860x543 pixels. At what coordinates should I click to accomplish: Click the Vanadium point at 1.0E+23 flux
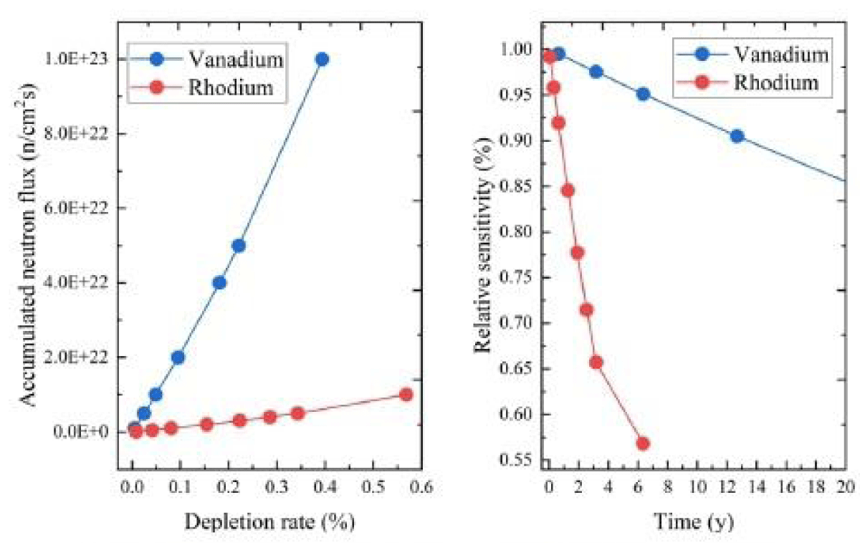click(x=322, y=59)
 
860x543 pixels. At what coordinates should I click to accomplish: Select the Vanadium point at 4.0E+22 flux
click(x=219, y=282)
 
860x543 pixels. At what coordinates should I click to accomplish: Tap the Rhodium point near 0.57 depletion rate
click(x=406, y=394)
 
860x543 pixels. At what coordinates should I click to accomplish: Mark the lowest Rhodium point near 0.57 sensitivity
click(x=643, y=443)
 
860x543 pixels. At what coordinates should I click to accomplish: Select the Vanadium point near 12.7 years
click(x=737, y=136)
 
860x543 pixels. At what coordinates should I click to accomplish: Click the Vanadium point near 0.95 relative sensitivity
click(x=643, y=94)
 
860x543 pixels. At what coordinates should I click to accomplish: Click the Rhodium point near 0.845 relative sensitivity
click(x=568, y=191)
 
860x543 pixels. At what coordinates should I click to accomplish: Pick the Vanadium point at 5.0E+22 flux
click(x=239, y=246)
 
